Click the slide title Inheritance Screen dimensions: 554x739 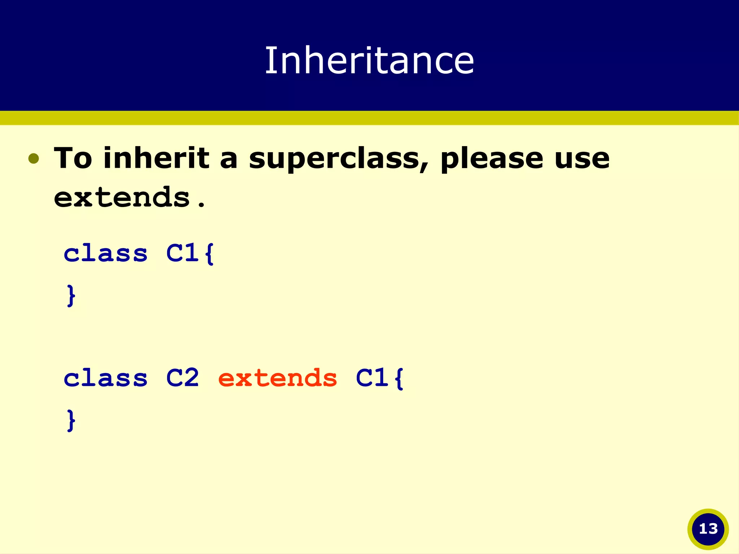coord(369,61)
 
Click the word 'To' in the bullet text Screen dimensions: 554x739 coord(73,158)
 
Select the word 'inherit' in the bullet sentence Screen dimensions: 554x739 coord(156,158)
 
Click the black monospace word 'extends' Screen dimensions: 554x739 coord(122,198)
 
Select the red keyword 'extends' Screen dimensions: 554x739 coord(277,378)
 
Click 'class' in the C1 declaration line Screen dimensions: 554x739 coord(105,253)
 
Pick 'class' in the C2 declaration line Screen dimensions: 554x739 coord(105,378)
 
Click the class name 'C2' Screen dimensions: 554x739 coord(182,378)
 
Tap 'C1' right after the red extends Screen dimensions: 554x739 coord(372,378)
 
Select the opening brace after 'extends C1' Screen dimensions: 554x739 coord(399,378)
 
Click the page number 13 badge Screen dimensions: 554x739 coord(708,529)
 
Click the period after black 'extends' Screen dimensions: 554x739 coord(201,205)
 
